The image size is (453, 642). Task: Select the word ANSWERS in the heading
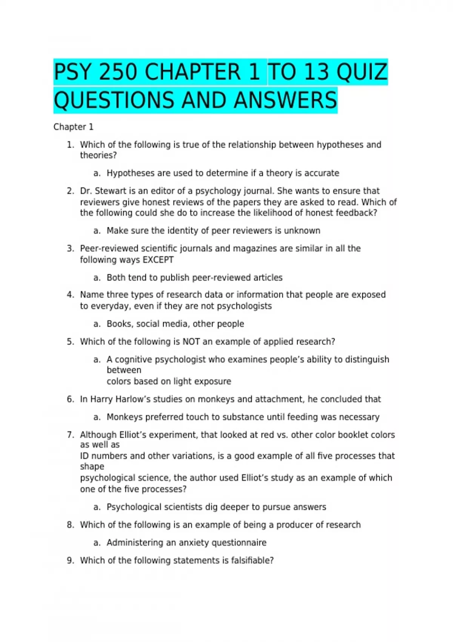pyautogui.click(x=285, y=100)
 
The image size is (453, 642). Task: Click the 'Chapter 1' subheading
pyautogui.click(x=73, y=127)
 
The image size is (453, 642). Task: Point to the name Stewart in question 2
pyautogui.click(x=111, y=191)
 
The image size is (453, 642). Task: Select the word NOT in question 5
pyautogui.click(x=191, y=342)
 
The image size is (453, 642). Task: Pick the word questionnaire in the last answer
pyautogui.click(x=239, y=543)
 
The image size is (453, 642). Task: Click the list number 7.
pyautogui.click(x=70, y=435)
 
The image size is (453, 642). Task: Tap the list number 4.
pyautogui.click(x=70, y=295)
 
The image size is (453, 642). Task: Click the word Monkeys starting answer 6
pyautogui.click(x=125, y=417)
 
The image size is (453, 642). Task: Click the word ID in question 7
pyautogui.click(x=84, y=456)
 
